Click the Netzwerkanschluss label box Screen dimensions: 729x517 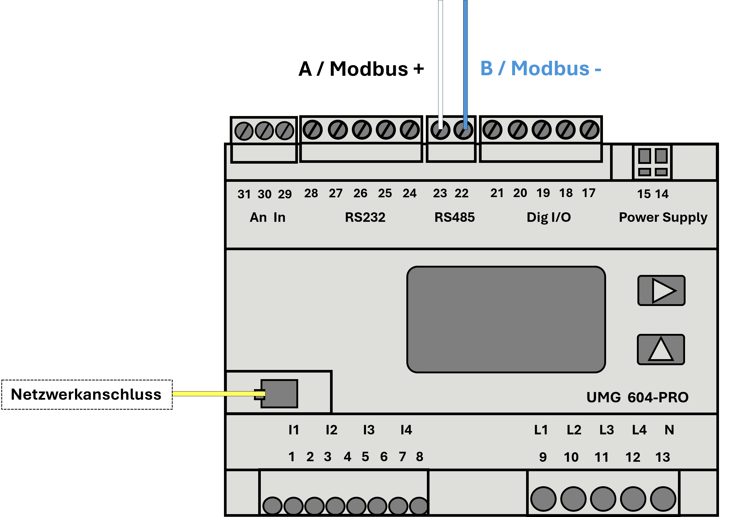tap(87, 394)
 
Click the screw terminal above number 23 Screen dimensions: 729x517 tap(440, 130)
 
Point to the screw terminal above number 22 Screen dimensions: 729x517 tap(463, 130)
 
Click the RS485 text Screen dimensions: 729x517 tap(454, 217)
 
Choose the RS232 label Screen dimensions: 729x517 tap(365, 217)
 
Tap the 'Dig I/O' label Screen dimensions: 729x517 tap(549, 217)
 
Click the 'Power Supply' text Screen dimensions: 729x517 tap(663, 217)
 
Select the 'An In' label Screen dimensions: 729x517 tap(267, 217)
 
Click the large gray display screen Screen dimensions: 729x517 tap(506, 319)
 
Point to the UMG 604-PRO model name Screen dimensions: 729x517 tap(638, 397)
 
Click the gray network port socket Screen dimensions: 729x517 tap(279, 394)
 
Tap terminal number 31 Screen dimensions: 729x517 tap(244, 194)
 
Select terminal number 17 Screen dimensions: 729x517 tap(589, 193)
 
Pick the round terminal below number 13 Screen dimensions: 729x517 tap(663, 499)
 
